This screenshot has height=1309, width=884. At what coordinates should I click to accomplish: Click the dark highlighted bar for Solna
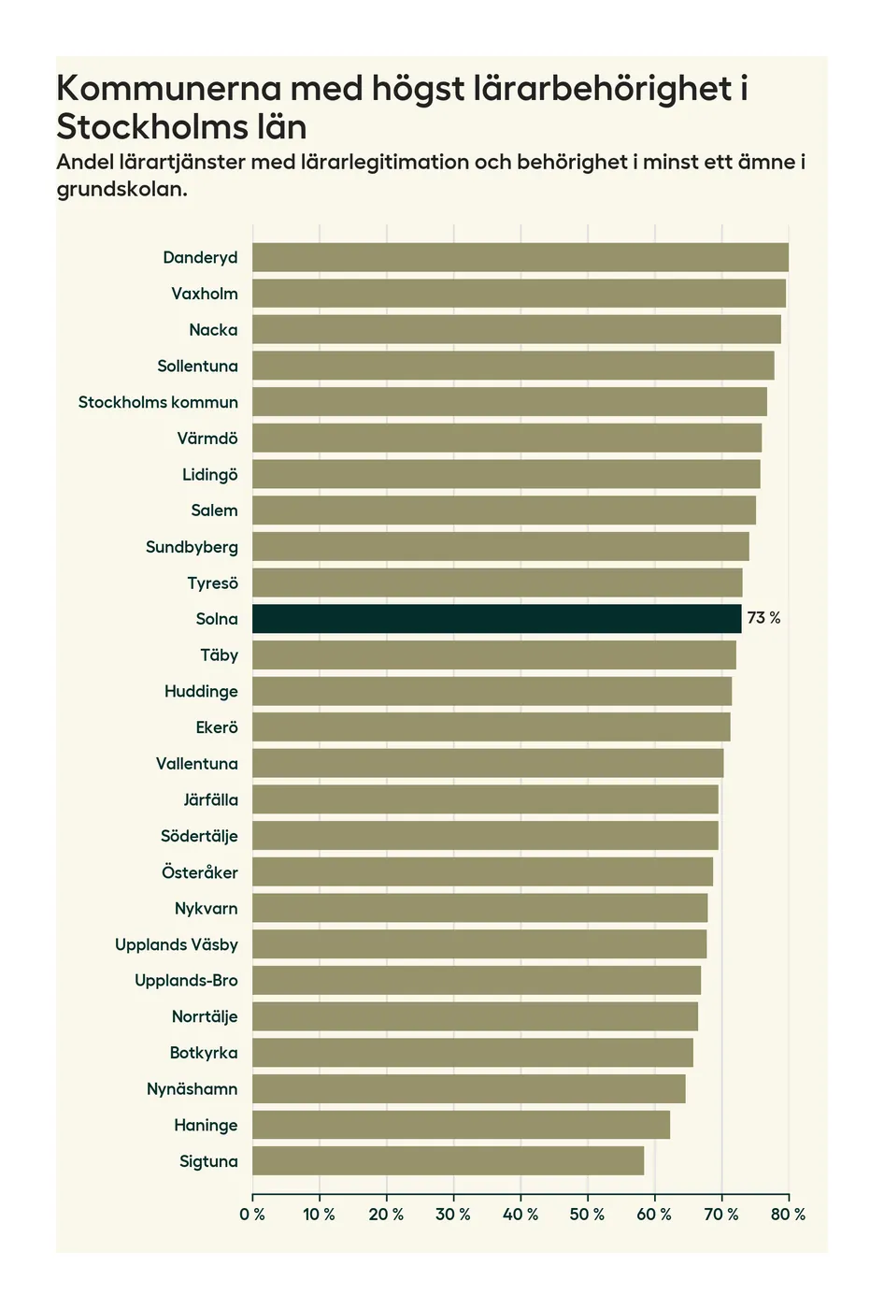[496, 619]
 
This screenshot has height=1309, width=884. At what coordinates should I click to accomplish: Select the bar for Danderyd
[520, 257]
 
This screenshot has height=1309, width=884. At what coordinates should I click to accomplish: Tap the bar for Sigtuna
[448, 1161]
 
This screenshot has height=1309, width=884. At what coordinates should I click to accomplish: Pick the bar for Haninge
[461, 1125]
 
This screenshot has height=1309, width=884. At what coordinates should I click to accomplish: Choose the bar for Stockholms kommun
[509, 402]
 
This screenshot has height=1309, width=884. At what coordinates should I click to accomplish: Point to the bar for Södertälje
[485, 836]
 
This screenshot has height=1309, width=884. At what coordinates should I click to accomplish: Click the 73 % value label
[763, 619]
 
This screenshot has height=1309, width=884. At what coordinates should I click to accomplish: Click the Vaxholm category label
[205, 294]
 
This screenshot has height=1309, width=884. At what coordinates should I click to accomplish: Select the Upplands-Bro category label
[186, 981]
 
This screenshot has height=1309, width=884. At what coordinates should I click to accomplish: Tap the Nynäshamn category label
[192, 1089]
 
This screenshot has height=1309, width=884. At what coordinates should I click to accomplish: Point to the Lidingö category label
[209, 475]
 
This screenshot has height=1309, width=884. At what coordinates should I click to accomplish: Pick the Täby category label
[219, 655]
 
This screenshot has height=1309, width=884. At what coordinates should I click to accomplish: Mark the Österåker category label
[199, 872]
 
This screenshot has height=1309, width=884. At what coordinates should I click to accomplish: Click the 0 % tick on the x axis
[252, 1215]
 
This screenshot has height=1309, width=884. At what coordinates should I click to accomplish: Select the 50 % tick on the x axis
[587, 1215]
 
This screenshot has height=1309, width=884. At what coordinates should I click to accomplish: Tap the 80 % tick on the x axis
[788, 1215]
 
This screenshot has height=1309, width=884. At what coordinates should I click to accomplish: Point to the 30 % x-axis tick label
[453, 1215]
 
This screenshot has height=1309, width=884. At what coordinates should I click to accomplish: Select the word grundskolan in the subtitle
[121, 189]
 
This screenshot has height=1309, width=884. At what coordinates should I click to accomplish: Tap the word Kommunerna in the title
[169, 88]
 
